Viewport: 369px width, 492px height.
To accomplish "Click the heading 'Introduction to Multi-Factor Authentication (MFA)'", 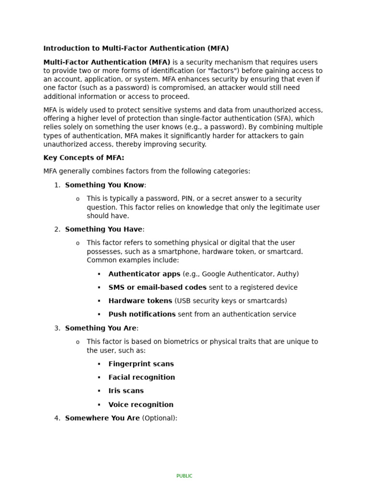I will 136,49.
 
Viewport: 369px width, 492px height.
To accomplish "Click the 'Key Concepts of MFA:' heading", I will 84,158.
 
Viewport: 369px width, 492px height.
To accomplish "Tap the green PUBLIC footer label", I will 184,476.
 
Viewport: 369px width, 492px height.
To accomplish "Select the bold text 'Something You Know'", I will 104,185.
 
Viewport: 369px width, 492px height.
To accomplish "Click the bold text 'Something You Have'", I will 103,229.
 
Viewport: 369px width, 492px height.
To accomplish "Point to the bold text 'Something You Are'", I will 101,328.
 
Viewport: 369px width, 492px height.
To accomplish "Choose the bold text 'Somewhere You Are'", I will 102,418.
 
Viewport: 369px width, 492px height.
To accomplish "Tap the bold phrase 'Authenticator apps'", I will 144,274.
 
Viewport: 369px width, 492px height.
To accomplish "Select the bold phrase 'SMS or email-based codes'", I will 157,287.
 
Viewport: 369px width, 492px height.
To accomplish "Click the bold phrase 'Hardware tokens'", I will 140,301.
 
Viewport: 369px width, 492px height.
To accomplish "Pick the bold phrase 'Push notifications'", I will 142,314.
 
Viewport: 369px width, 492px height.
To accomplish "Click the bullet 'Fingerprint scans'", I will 141,364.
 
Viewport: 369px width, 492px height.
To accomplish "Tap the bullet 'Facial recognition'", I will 141,378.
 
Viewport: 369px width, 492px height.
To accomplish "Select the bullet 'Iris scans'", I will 126,391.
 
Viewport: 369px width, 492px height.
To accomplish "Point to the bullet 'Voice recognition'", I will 141,405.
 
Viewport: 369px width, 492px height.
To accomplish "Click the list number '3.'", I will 57,328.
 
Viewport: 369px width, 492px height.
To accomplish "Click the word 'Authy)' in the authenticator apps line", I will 288,274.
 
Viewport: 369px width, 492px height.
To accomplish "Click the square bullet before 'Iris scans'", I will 99,391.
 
